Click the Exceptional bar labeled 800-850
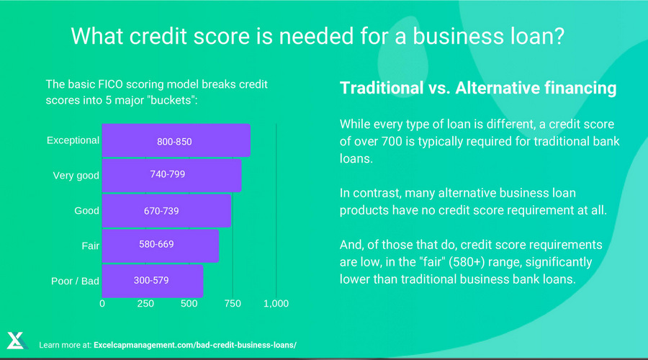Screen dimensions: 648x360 click(176, 140)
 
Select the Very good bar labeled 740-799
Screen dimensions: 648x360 click(171, 175)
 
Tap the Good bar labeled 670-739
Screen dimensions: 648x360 click(166, 210)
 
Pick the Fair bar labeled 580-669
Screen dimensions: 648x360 click(161, 246)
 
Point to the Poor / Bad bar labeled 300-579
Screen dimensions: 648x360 click(153, 281)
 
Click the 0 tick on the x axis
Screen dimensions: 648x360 click(102, 303)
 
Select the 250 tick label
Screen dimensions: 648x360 click(145, 303)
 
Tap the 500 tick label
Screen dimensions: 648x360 click(189, 303)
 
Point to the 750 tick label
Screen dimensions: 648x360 click(233, 303)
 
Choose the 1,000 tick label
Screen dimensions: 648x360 click(276, 303)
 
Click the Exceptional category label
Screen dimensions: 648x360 click(73, 140)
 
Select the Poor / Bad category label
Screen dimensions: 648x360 click(75, 281)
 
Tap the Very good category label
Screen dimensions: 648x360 click(76, 176)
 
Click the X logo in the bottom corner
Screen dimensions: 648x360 click(17, 341)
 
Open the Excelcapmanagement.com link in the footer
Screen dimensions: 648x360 click(195, 345)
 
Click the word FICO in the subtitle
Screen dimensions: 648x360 click(110, 84)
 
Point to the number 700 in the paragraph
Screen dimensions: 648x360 click(392, 141)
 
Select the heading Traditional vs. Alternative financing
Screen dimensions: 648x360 click(478, 88)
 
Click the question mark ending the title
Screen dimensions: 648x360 click(559, 36)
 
